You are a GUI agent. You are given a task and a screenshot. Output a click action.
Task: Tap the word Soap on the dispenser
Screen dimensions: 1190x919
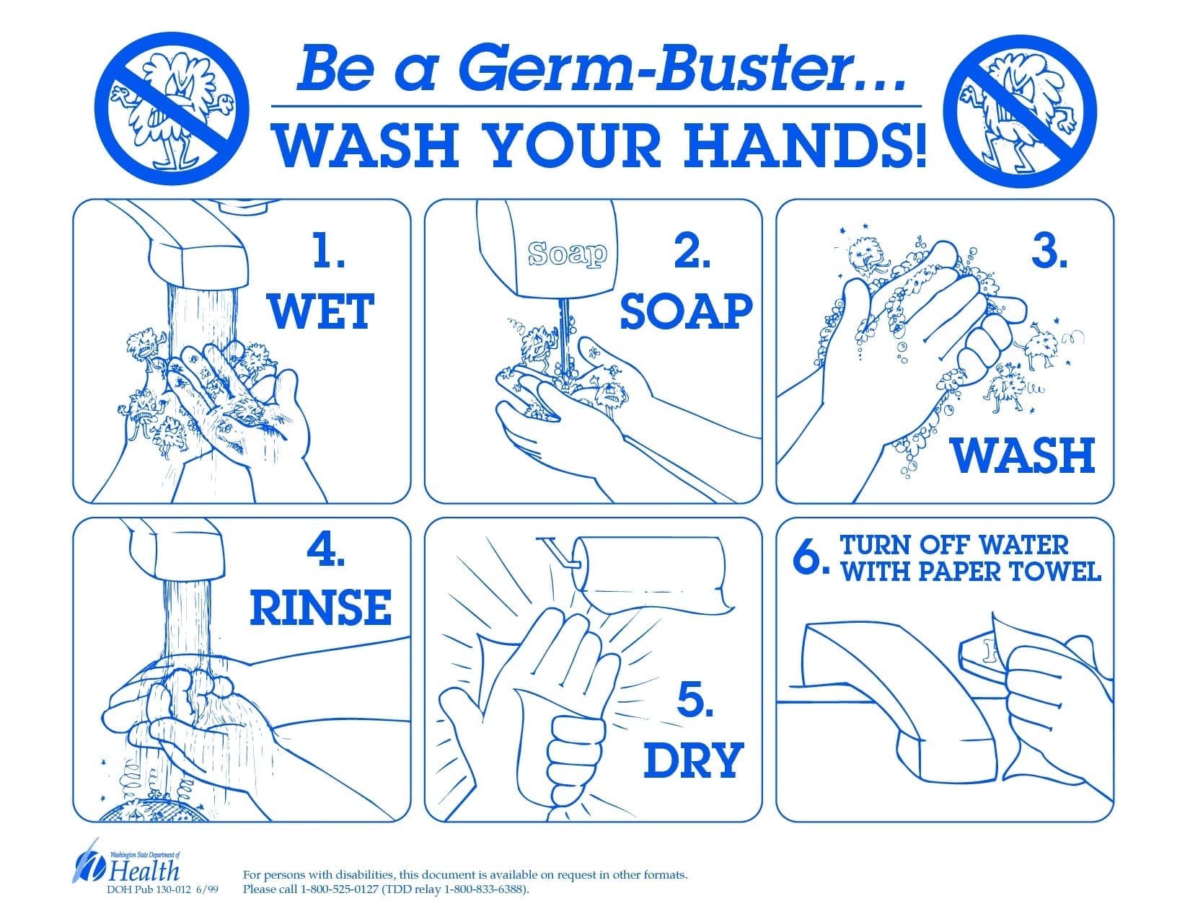pos(568,254)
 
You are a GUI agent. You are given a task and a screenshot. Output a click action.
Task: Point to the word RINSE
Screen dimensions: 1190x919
pos(321,607)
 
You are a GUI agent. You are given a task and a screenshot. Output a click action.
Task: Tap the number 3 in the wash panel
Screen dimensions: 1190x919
pos(1050,252)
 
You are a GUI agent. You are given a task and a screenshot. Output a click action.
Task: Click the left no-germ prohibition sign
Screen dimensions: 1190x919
pos(172,108)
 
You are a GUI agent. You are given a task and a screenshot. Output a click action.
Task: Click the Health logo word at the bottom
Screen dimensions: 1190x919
pos(144,871)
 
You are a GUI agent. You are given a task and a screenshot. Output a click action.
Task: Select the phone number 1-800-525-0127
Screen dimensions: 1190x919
pos(340,889)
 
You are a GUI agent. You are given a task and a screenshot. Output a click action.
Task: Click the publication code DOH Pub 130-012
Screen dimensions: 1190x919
pos(149,889)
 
